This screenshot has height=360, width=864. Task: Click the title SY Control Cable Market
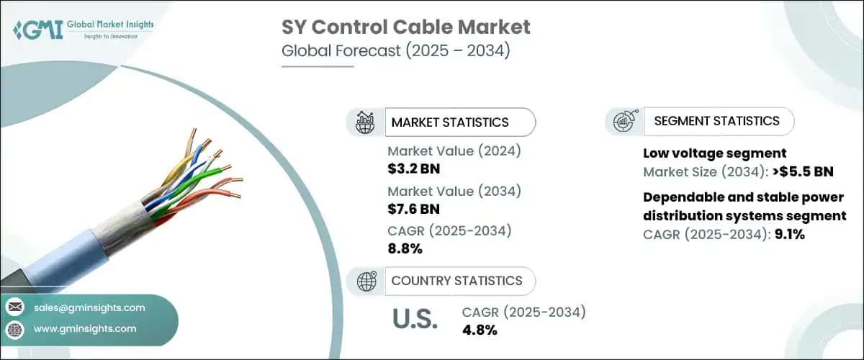[405, 27]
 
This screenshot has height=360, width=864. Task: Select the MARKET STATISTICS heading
[449, 122]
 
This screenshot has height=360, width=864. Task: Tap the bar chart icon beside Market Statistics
[366, 122]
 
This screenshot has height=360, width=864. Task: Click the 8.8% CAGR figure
[405, 249]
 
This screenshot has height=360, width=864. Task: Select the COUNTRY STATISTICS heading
[456, 281]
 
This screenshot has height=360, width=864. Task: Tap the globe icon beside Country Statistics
[366, 281]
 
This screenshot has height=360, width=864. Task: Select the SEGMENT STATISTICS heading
[716, 121]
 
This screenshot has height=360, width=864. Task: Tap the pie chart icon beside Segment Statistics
[624, 122]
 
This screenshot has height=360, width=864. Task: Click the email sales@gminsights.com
[89, 307]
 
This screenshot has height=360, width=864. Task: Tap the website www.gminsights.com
[85, 329]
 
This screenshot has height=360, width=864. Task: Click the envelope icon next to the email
[14, 307]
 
